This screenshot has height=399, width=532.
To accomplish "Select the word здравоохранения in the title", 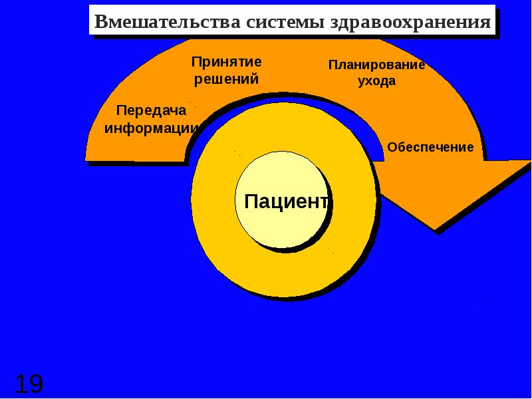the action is click(x=408, y=22).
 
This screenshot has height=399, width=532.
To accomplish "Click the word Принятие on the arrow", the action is click(x=227, y=62).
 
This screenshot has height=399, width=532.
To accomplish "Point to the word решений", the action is click(x=226, y=79).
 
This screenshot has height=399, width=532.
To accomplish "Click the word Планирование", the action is click(x=376, y=65).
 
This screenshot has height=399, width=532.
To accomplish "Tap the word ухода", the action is click(x=376, y=82).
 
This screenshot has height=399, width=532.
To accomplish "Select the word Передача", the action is click(x=151, y=111).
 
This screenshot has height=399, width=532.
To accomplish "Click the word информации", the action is click(x=152, y=128).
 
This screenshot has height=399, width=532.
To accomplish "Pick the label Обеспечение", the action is click(x=430, y=147).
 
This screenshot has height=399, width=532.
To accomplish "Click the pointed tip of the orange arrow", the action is click(x=436, y=229).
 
